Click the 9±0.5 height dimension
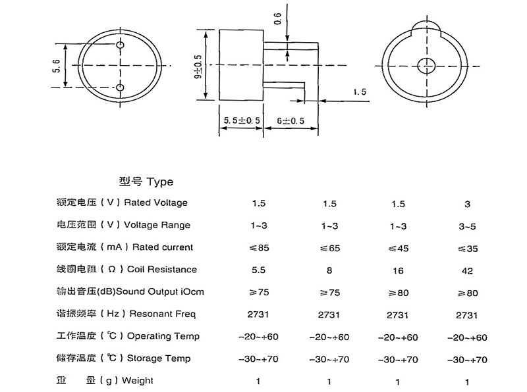click(x=198, y=66)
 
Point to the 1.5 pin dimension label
click(x=360, y=92)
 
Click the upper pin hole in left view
click(x=121, y=45)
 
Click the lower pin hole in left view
click(x=121, y=88)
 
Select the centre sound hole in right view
click(x=426, y=65)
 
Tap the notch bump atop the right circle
click(x=426, y=26)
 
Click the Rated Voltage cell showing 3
click(x=468, y=205)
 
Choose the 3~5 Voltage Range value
click(x=468, y=226)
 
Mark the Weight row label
click(x=105, y=381)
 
